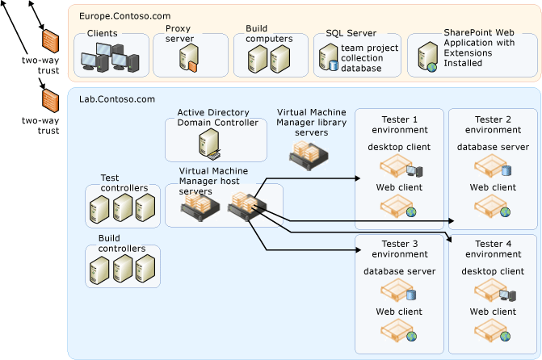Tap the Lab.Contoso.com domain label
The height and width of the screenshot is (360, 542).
pyautogui.click(x=116, y=98)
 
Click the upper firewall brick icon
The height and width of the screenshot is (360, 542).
pyautogui.click(x=50, y=40)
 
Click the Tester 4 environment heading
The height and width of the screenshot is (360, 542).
pyautogui.click(x=494, y=249)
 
